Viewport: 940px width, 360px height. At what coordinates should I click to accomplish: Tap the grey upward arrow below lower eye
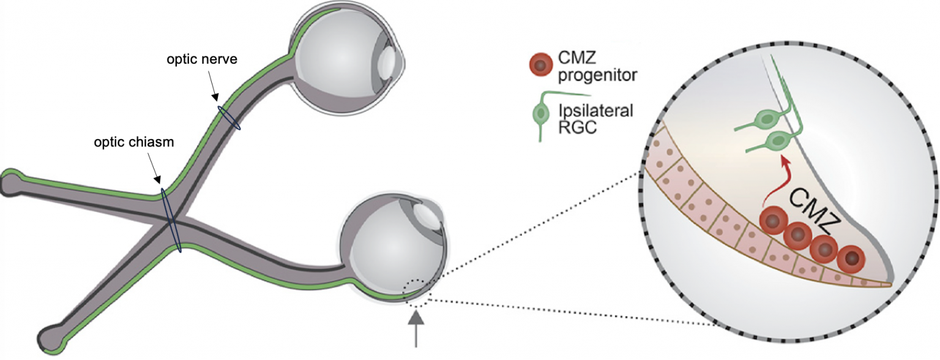point(416,328)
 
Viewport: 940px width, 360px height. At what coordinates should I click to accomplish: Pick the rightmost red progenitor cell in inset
point(851,259)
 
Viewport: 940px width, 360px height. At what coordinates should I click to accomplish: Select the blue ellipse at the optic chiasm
point(171,220)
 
